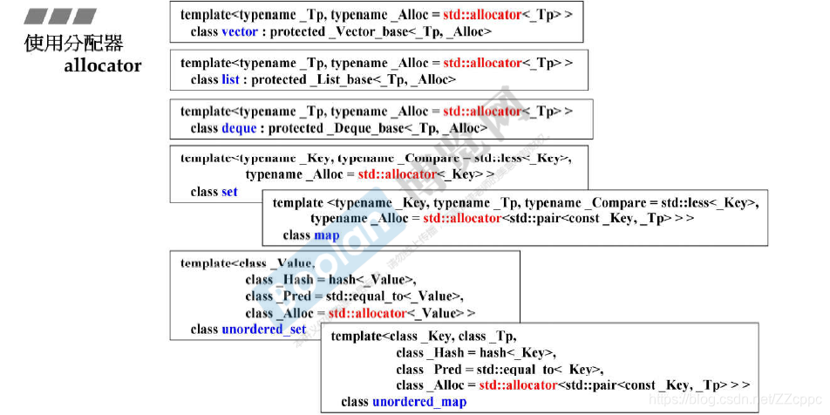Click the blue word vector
[240, 31]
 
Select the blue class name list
[230, 79]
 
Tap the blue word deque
[239, 128]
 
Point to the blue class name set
[229, 192]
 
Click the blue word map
[327, 235]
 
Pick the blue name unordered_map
[419, 402]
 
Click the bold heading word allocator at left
[102, 65]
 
